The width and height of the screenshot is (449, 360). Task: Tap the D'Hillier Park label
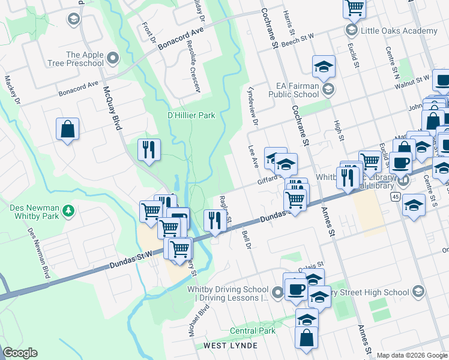(190, 115)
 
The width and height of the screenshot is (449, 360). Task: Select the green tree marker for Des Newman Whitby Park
(69, 211)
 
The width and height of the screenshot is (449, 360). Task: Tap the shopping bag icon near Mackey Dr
(68, 129)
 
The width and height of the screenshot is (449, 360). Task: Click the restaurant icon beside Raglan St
(214, 220)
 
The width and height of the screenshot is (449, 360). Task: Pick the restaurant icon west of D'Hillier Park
(149, 150)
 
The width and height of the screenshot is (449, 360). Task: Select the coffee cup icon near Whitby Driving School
(294, 289)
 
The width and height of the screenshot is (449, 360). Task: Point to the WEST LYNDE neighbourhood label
(231, 346)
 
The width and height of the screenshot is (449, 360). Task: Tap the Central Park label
(253, 331)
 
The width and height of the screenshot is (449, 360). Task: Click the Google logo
(20, 353)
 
